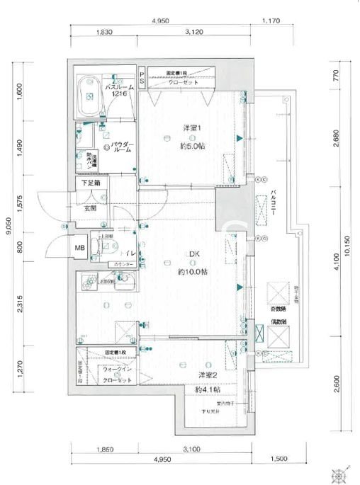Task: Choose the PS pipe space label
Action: pyautogui.click(x=142, y=79)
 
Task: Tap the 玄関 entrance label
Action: pyautogui.click(x=91, y=209)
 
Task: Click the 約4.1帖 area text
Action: pyautogui.click(x=208, y=390)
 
